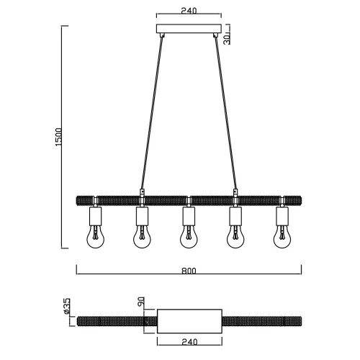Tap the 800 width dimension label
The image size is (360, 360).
click(x=189, y=271)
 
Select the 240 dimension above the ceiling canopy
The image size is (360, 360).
click(x=189, y=12)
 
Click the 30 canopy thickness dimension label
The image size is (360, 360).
click(x=227, y=37)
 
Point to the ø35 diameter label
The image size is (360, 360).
click(x=66, y=307)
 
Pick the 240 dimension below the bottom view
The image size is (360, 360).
click(x=189, y=344)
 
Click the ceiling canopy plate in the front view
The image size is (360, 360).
click(x=189, y=30)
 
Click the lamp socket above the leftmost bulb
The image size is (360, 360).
click(x=95, y=216)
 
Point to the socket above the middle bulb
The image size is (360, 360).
click(x=189, y=216)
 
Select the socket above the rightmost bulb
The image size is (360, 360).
click(x=282, y=216)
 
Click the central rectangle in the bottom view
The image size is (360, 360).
click(x=189, y=320)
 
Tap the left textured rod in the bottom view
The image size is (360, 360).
click(x=115, y=320)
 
